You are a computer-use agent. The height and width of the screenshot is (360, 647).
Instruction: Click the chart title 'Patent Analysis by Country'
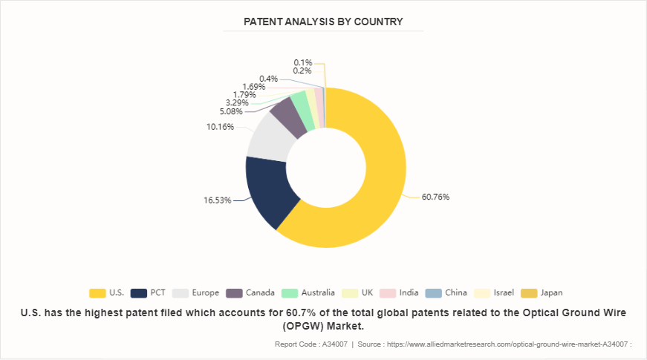coord(323,22)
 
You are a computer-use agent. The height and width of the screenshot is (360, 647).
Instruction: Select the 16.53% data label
coord(217,200)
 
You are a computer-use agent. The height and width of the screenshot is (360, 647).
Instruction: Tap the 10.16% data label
coord(220,127)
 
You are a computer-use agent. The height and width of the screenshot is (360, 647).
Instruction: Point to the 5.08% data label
coord(231,112)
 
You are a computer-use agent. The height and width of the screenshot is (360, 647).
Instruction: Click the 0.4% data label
coord(268,79)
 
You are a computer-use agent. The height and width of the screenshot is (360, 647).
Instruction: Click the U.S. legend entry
coord(108,292)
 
